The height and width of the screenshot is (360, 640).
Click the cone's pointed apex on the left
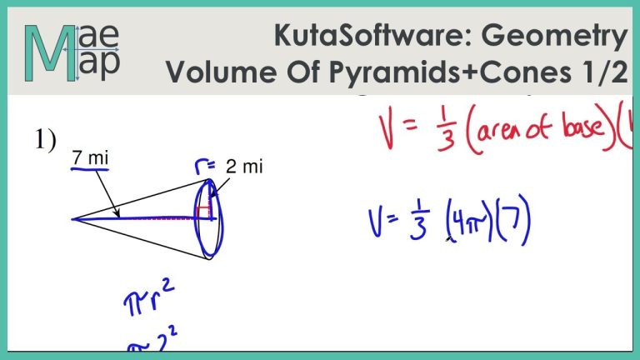73,219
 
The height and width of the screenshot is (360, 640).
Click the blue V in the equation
377,223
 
